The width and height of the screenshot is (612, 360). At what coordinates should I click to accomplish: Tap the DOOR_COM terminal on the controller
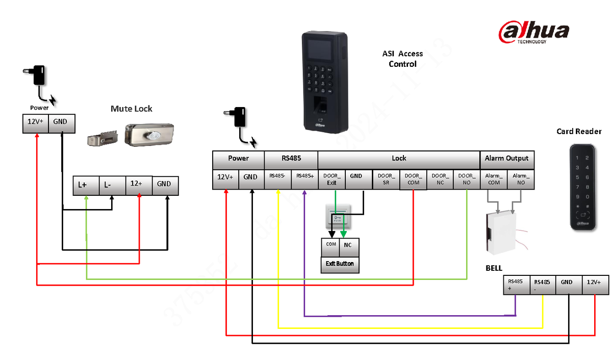413,179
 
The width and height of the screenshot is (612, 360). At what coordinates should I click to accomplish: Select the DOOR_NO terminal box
466,179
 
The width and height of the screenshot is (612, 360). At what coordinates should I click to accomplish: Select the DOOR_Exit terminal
331,179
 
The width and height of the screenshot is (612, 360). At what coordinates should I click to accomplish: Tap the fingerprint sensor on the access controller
320,104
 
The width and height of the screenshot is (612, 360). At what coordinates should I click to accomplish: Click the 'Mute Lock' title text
132,109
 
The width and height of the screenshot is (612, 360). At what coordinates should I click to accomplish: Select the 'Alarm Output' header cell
507,158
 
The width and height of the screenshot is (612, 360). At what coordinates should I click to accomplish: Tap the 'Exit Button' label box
340,264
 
